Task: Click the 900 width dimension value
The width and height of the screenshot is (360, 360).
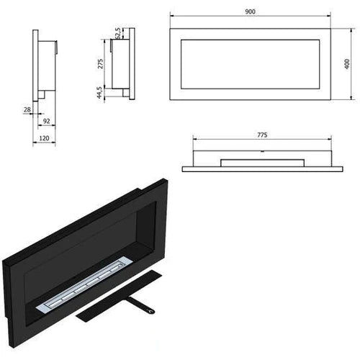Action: (251, 12)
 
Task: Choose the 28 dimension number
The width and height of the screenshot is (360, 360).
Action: (27, 110)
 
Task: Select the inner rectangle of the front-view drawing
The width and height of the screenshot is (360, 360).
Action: (251, 64)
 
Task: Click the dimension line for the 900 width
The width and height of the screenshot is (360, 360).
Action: (251, 18)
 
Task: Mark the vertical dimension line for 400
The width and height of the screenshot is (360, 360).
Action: (352, 63)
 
